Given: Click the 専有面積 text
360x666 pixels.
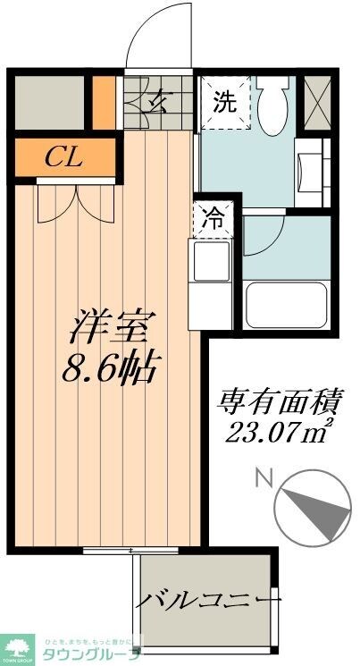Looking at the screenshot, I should point(278,401).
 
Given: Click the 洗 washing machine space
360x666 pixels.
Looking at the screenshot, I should point(223,102).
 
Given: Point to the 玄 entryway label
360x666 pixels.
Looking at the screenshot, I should point(159,100).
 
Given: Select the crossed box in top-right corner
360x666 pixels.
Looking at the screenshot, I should point(317,102).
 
